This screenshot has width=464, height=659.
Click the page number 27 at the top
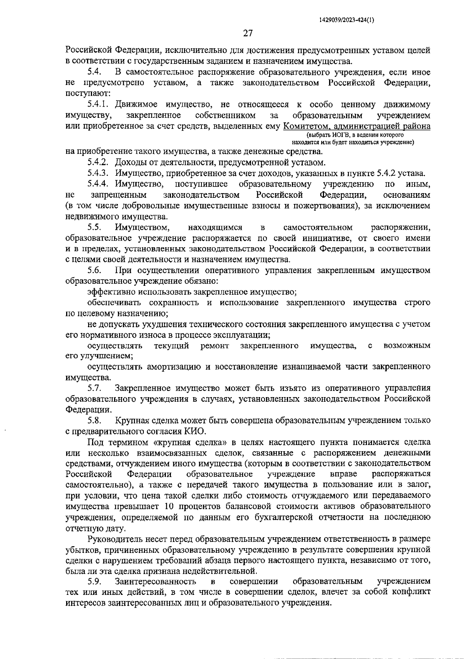coord(247,33)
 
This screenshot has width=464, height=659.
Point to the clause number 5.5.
coord(94,228)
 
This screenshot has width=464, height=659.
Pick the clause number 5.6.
coord(94,271)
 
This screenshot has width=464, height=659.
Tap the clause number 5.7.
coord(94,388)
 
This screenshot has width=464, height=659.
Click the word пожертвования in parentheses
coord(324,206)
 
